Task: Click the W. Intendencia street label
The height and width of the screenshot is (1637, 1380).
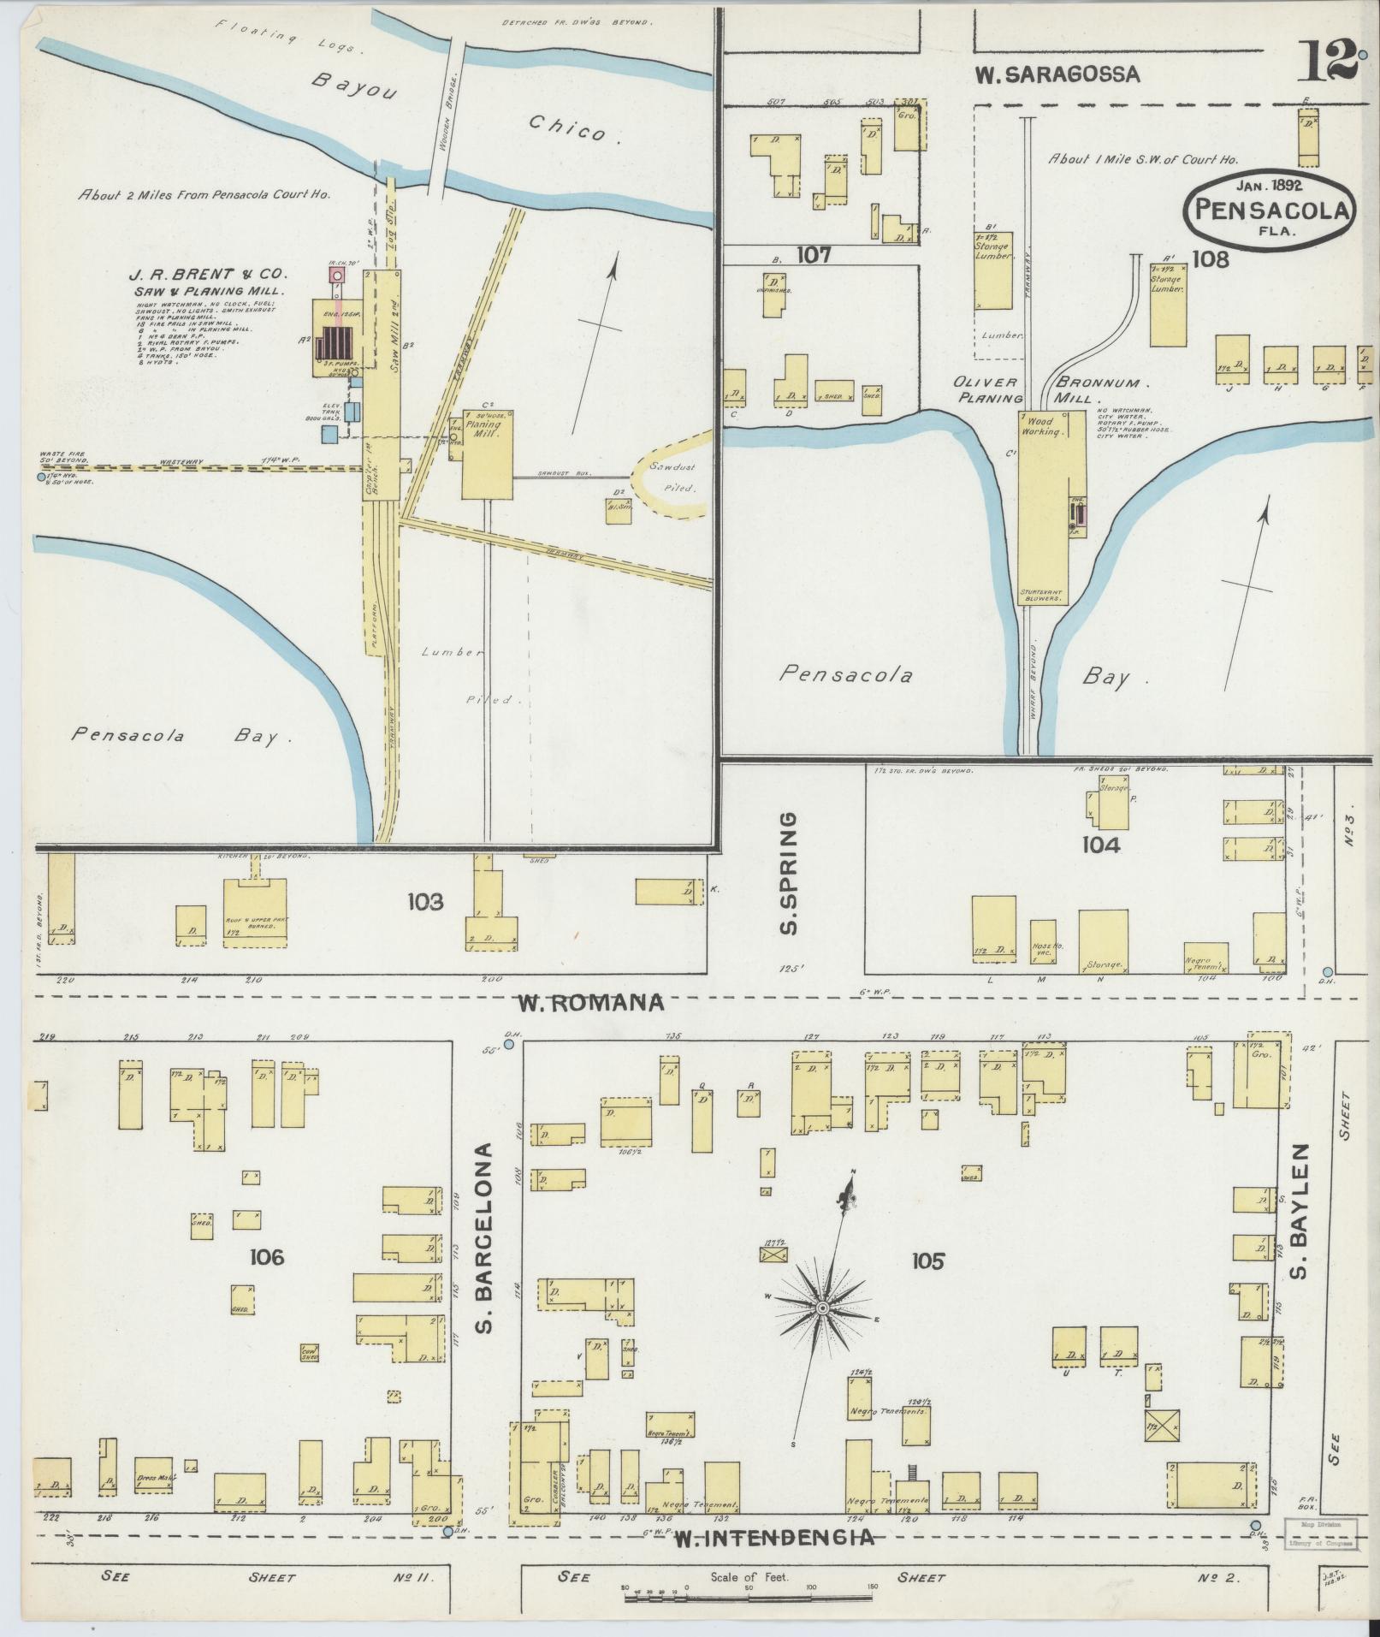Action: tap(773, 1538)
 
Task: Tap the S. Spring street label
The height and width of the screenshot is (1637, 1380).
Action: tap(790, 872)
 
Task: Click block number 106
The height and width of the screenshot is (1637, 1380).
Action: tap(267, 1257)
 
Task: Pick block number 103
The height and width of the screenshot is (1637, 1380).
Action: tap(425, 901)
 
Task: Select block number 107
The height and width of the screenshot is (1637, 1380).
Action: tap(814, 255)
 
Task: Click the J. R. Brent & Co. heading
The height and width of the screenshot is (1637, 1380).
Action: tap(208, 276)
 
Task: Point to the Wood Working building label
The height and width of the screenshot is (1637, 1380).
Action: tap(1045, 426)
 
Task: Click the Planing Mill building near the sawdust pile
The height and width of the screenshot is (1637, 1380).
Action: tap(488, 454)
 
